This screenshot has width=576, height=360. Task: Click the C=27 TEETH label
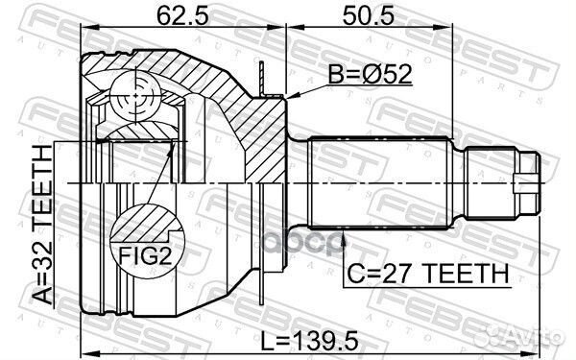click(427, 274)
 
